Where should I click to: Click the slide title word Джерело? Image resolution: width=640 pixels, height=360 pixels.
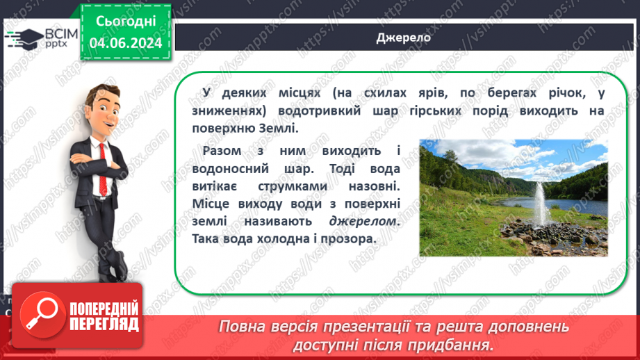403,38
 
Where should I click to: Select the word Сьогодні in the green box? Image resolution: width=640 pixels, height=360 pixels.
126,21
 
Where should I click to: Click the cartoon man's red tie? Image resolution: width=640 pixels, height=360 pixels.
103,167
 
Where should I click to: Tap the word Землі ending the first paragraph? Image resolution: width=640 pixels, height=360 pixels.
279,128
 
